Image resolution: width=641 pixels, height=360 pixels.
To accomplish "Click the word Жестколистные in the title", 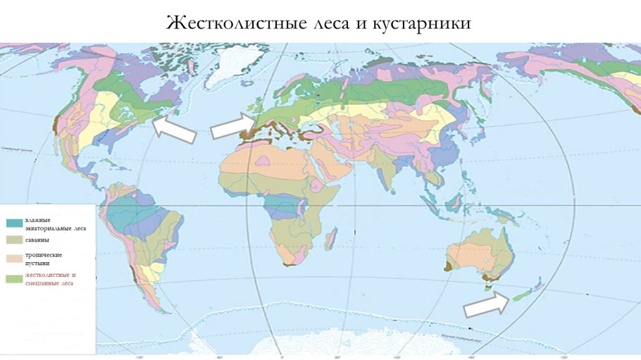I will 225,23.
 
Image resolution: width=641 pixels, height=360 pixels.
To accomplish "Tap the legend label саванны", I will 38,240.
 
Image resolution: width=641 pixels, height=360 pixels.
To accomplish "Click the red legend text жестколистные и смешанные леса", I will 50,278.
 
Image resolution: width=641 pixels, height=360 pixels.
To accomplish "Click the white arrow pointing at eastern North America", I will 174,129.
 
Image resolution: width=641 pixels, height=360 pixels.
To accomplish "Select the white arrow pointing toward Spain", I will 231,127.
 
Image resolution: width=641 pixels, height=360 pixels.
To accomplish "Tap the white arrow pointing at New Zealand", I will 485,304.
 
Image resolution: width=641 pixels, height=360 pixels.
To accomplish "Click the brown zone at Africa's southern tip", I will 289,264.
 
